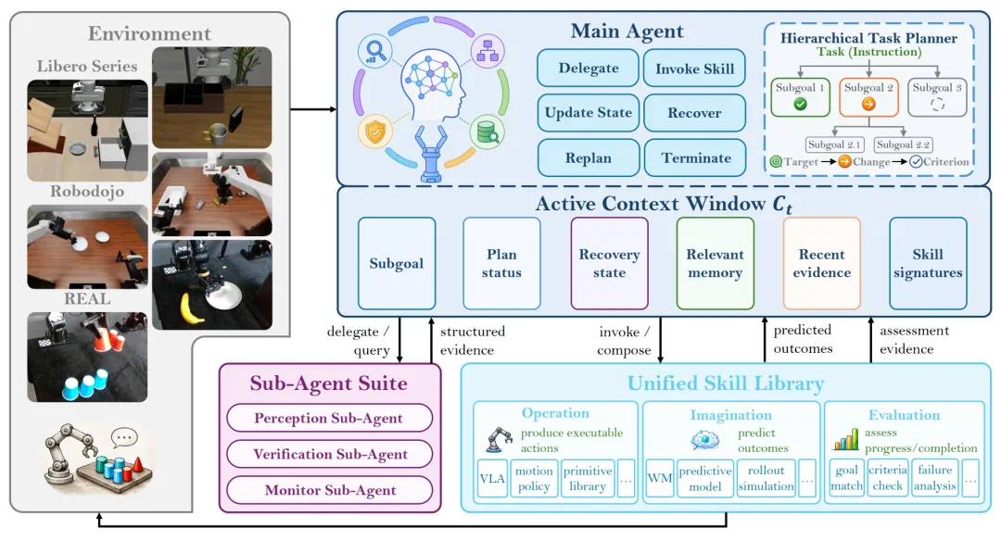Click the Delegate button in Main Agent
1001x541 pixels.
(588, 69)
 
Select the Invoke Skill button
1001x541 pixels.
(694, 69)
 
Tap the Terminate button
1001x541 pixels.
(695, 157)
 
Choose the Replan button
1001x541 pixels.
(588, 157)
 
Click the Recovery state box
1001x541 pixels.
(609, 263)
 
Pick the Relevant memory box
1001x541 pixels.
(715, 263)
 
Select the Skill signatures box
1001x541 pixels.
(928, 263)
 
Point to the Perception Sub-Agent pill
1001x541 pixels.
(329, 418)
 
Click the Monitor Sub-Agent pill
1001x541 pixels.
(329, 490)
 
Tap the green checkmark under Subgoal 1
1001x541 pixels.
(800, 104)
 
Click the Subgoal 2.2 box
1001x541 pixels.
(903, 145)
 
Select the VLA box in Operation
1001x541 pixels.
(492, 479)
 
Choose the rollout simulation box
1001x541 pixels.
(767, 479)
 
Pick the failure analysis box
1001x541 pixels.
(934, 479)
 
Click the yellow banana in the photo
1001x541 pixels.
(193, 308)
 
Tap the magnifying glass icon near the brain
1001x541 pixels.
(374, 51)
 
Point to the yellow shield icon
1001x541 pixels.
(374, 132)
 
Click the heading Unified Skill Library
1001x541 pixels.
(725, 384)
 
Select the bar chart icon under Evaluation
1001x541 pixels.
(845, 439)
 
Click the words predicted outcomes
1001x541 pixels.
(803, 339)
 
